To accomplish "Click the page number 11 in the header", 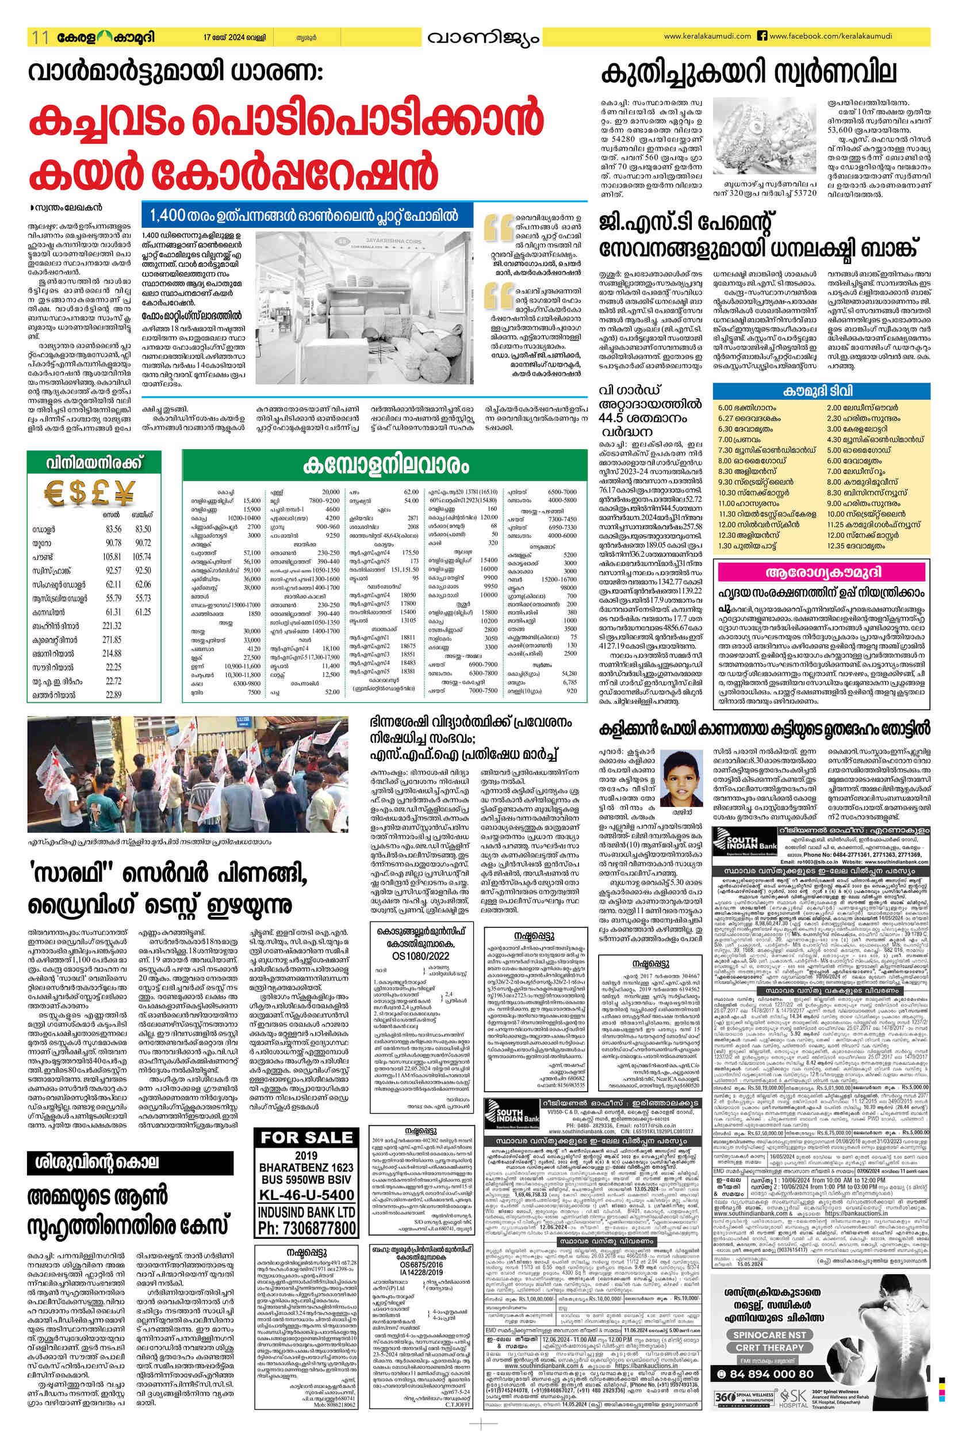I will pyautogui.click(x=40, y=37).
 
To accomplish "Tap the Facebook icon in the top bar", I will pyautogui.click(x=762, y=36).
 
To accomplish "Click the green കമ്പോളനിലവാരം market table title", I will pyautogui.click(x=385, y=466).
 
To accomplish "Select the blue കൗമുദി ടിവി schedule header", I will pyautogui.click(x=821, y=391).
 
